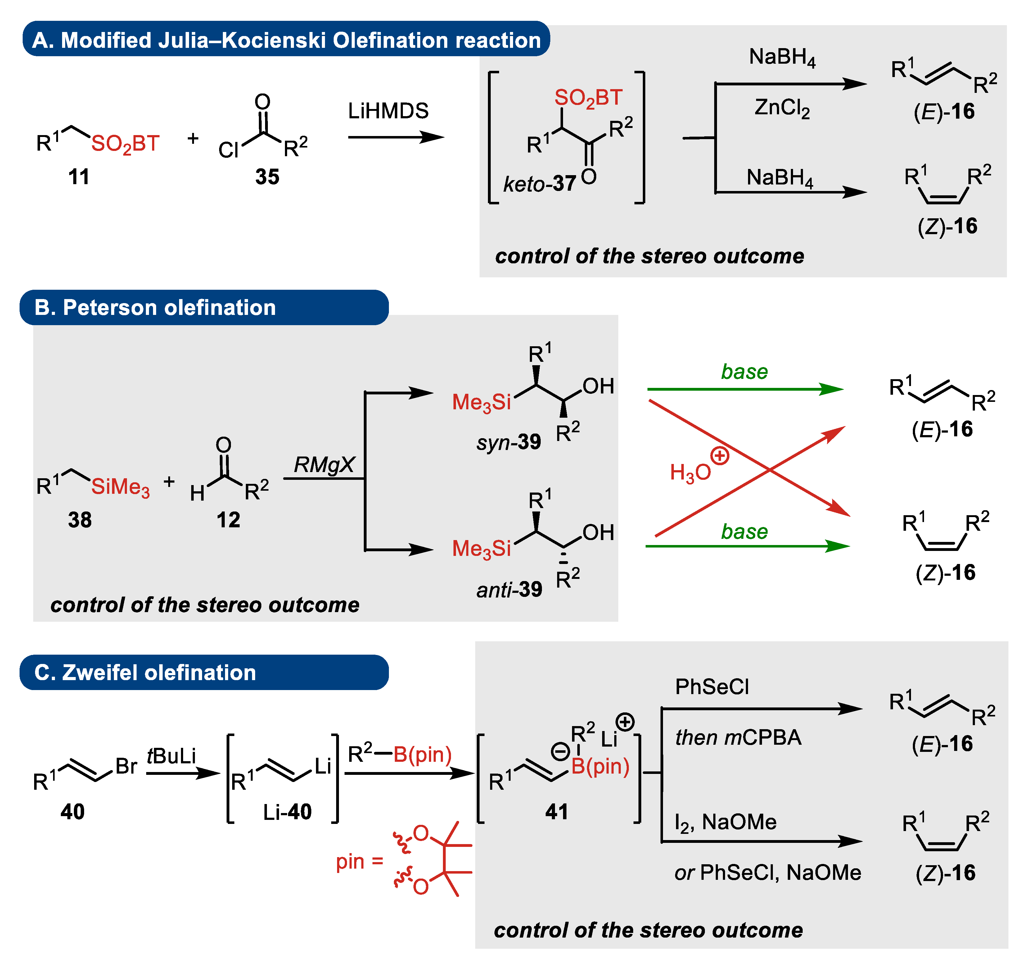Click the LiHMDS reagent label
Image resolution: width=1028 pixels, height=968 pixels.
(x=388, y=111)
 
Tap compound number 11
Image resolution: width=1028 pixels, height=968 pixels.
(x=79, y=177)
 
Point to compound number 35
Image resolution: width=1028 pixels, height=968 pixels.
(x=267, y=177)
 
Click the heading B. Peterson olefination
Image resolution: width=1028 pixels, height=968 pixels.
(x=155, y=307)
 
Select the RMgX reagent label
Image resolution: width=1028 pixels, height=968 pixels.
(x=324, y=465)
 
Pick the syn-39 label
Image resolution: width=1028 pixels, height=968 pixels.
(x=508, y=442)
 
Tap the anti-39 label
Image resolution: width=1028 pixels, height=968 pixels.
(x=509, y=589)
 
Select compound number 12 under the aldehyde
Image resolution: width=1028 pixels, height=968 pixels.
(x=228, y=520)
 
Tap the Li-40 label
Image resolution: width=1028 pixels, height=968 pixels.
(x=287, y=812)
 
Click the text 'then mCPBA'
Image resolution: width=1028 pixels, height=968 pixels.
(x=737, y=737)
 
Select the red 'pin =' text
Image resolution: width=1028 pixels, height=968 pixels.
(x=359, y=861)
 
